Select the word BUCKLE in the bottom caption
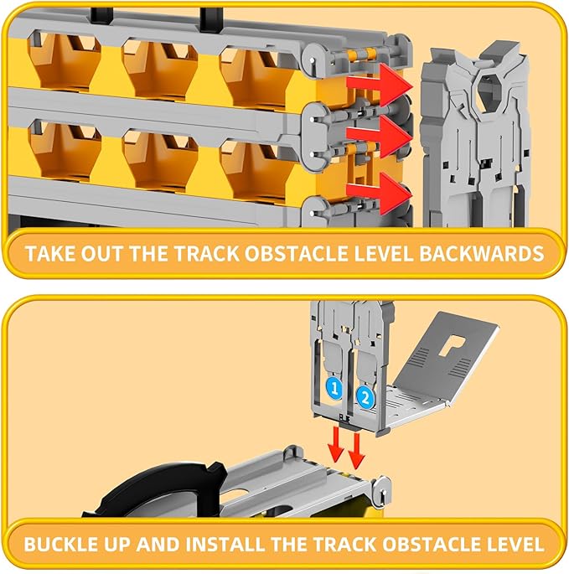pos(60,544)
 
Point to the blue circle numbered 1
pos(333,388)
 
